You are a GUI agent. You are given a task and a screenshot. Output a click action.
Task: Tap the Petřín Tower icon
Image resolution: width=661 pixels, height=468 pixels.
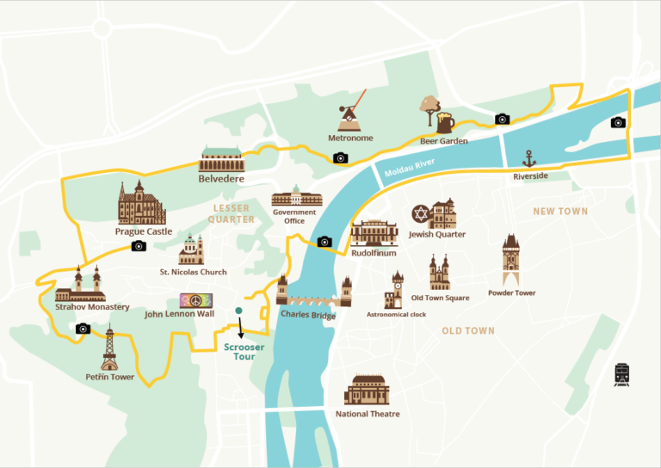tap(109, 348)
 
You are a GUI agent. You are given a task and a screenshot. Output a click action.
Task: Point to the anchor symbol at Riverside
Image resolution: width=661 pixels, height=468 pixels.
tap(529, 158)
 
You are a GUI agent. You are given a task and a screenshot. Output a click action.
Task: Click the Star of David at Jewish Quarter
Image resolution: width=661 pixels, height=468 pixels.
tap(420, 212)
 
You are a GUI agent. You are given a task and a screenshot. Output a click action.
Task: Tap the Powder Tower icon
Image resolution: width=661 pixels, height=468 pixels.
tap(511, 259)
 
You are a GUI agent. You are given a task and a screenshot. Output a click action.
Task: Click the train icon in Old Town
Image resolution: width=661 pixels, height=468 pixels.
tap(621, 374)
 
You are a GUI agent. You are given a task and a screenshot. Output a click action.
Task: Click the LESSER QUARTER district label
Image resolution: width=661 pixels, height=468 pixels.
tap(230, 213)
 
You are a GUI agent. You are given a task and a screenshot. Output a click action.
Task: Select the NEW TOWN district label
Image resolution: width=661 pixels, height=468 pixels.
tap(560, 211)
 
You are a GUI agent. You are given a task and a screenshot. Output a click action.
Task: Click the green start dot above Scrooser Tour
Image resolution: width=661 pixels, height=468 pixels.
tap(239, 311)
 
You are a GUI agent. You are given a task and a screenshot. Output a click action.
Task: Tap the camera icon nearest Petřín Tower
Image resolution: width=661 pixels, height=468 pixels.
tap(83, 329)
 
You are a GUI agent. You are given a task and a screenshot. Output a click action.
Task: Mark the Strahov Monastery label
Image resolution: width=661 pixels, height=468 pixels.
tap(92, 307)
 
